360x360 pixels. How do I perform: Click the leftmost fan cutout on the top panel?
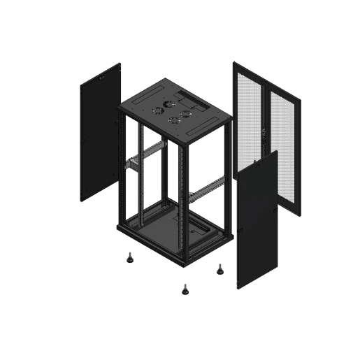point(157,108)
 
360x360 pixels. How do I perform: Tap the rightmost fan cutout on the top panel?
point(187,113)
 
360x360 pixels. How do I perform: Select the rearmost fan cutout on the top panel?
point(169,101)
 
